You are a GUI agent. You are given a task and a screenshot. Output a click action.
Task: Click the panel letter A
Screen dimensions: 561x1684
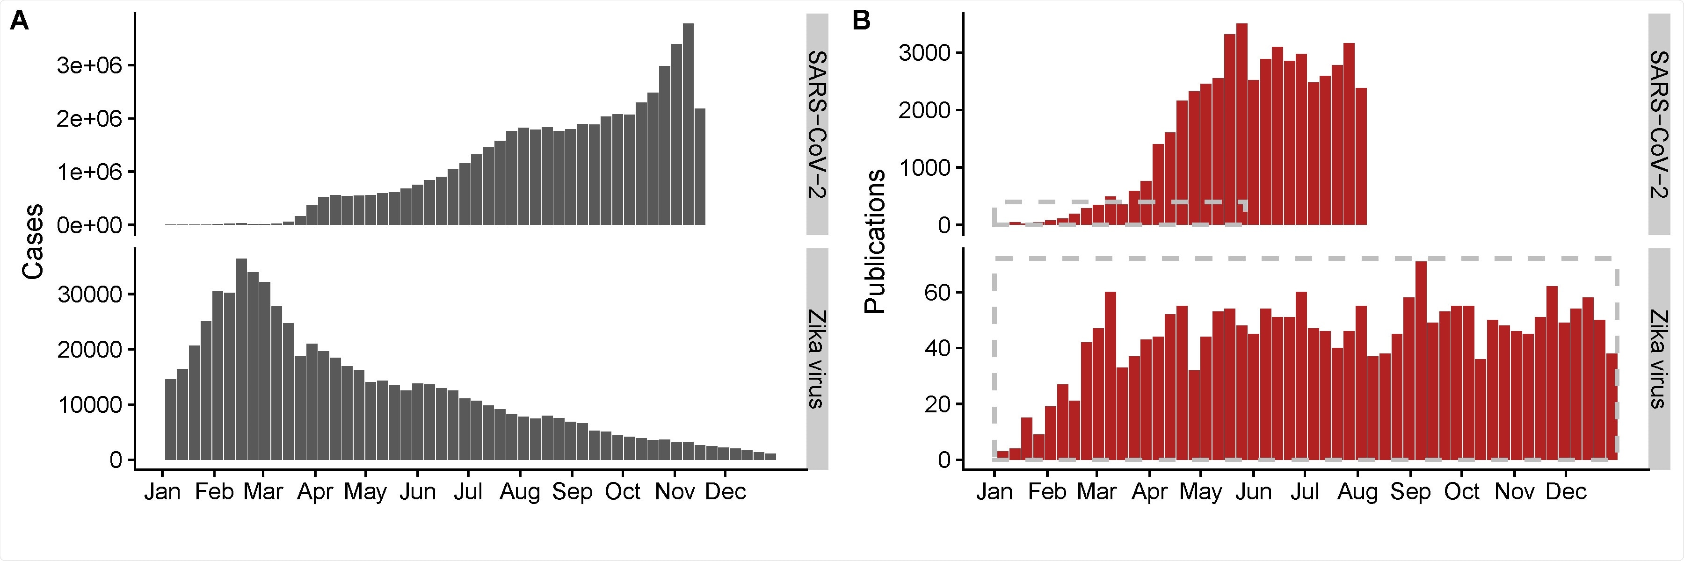[20, 22]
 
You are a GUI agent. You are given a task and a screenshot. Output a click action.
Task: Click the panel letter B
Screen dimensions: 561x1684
[862, 22]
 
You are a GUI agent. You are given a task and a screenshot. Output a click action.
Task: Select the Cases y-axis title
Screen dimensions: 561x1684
[33, 242]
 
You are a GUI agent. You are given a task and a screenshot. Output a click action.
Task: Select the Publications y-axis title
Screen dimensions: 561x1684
[875, 242]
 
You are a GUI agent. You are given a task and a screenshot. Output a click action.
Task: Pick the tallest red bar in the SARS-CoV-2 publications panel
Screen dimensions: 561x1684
[1242, 124]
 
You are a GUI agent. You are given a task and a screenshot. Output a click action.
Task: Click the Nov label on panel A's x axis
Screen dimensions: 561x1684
[674, 491]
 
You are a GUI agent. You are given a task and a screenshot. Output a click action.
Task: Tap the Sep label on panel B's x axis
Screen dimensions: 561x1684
[1410, 491]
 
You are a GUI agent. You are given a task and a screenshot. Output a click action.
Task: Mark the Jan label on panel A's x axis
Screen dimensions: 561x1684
[162, 491]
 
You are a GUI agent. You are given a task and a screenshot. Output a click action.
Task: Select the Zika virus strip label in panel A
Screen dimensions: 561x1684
[817, 359]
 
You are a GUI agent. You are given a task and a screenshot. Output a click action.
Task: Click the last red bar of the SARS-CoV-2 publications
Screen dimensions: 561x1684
[1361, 157]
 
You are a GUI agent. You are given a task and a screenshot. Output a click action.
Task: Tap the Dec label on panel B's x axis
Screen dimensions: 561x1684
[1566, 491]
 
